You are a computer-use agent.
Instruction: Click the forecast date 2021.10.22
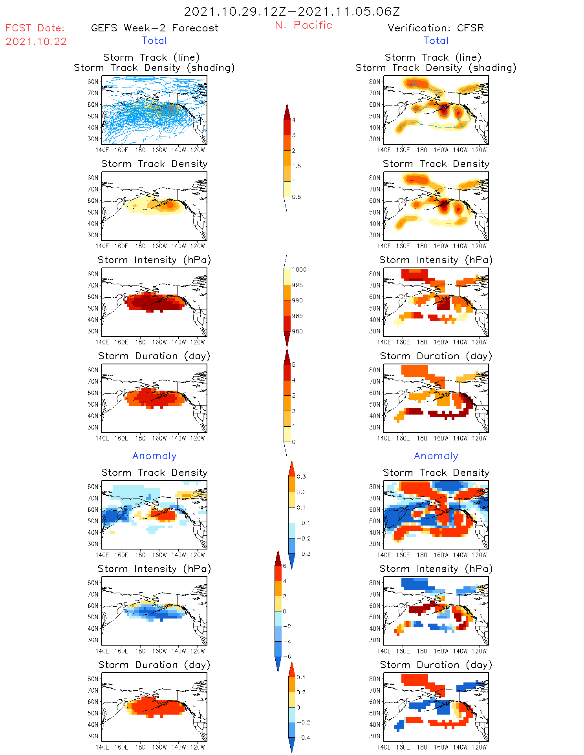[x=36, y=42]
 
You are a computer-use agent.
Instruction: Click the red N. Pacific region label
[x=304, y=25]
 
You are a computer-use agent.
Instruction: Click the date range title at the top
[x=292, y=11]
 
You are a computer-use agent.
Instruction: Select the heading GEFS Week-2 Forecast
[x=154, y=28]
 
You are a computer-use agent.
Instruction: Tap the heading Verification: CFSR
[x=436, y=28]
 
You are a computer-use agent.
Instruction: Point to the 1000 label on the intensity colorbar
[x=299, y=270]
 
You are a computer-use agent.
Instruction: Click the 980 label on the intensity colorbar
[x=297, y=331]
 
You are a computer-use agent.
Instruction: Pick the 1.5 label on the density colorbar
[x=297, y=166]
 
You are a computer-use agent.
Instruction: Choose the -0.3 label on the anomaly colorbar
[x=303, y=554]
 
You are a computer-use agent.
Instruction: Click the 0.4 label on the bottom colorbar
[x=301, y=677]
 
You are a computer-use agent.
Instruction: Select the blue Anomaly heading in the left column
[x=154, y=456]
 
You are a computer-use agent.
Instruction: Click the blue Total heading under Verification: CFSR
[x=436, y=41]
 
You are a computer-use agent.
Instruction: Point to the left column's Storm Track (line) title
[x=151, y=58]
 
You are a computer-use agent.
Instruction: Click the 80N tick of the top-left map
[x=93, y=82]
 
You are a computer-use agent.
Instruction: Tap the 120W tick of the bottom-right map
[x=479, y=747]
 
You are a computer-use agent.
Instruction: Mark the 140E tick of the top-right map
[x=384, y=150]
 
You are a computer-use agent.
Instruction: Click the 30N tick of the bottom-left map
[x=93, y=736]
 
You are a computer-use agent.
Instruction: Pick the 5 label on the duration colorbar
[x=294, y=365]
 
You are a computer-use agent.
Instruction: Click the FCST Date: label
[x=35, y=28]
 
